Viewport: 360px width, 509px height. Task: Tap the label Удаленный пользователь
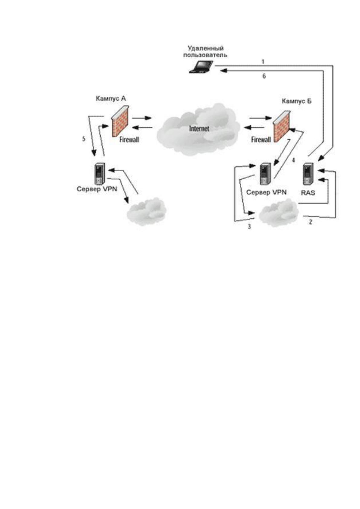(205, 52)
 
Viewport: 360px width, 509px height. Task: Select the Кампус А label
(111, 98)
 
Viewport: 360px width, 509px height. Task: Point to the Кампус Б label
(297, 101)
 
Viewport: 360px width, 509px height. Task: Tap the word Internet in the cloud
(199, 129)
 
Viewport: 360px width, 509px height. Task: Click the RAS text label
(308, 193)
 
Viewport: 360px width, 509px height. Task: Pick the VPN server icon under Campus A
(100, 174)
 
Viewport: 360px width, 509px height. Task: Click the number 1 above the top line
(263, 62)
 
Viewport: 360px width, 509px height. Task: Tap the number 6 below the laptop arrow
(264, 76)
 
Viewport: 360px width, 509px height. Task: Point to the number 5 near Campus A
(84, 139)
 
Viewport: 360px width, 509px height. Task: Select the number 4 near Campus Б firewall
(294, 160)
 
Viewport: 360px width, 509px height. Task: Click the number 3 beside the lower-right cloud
(249, 227)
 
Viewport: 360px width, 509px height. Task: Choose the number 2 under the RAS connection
(310, 221)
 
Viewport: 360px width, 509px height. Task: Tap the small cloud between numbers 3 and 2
(279, 214)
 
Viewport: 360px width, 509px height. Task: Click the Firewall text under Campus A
(129, 140)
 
